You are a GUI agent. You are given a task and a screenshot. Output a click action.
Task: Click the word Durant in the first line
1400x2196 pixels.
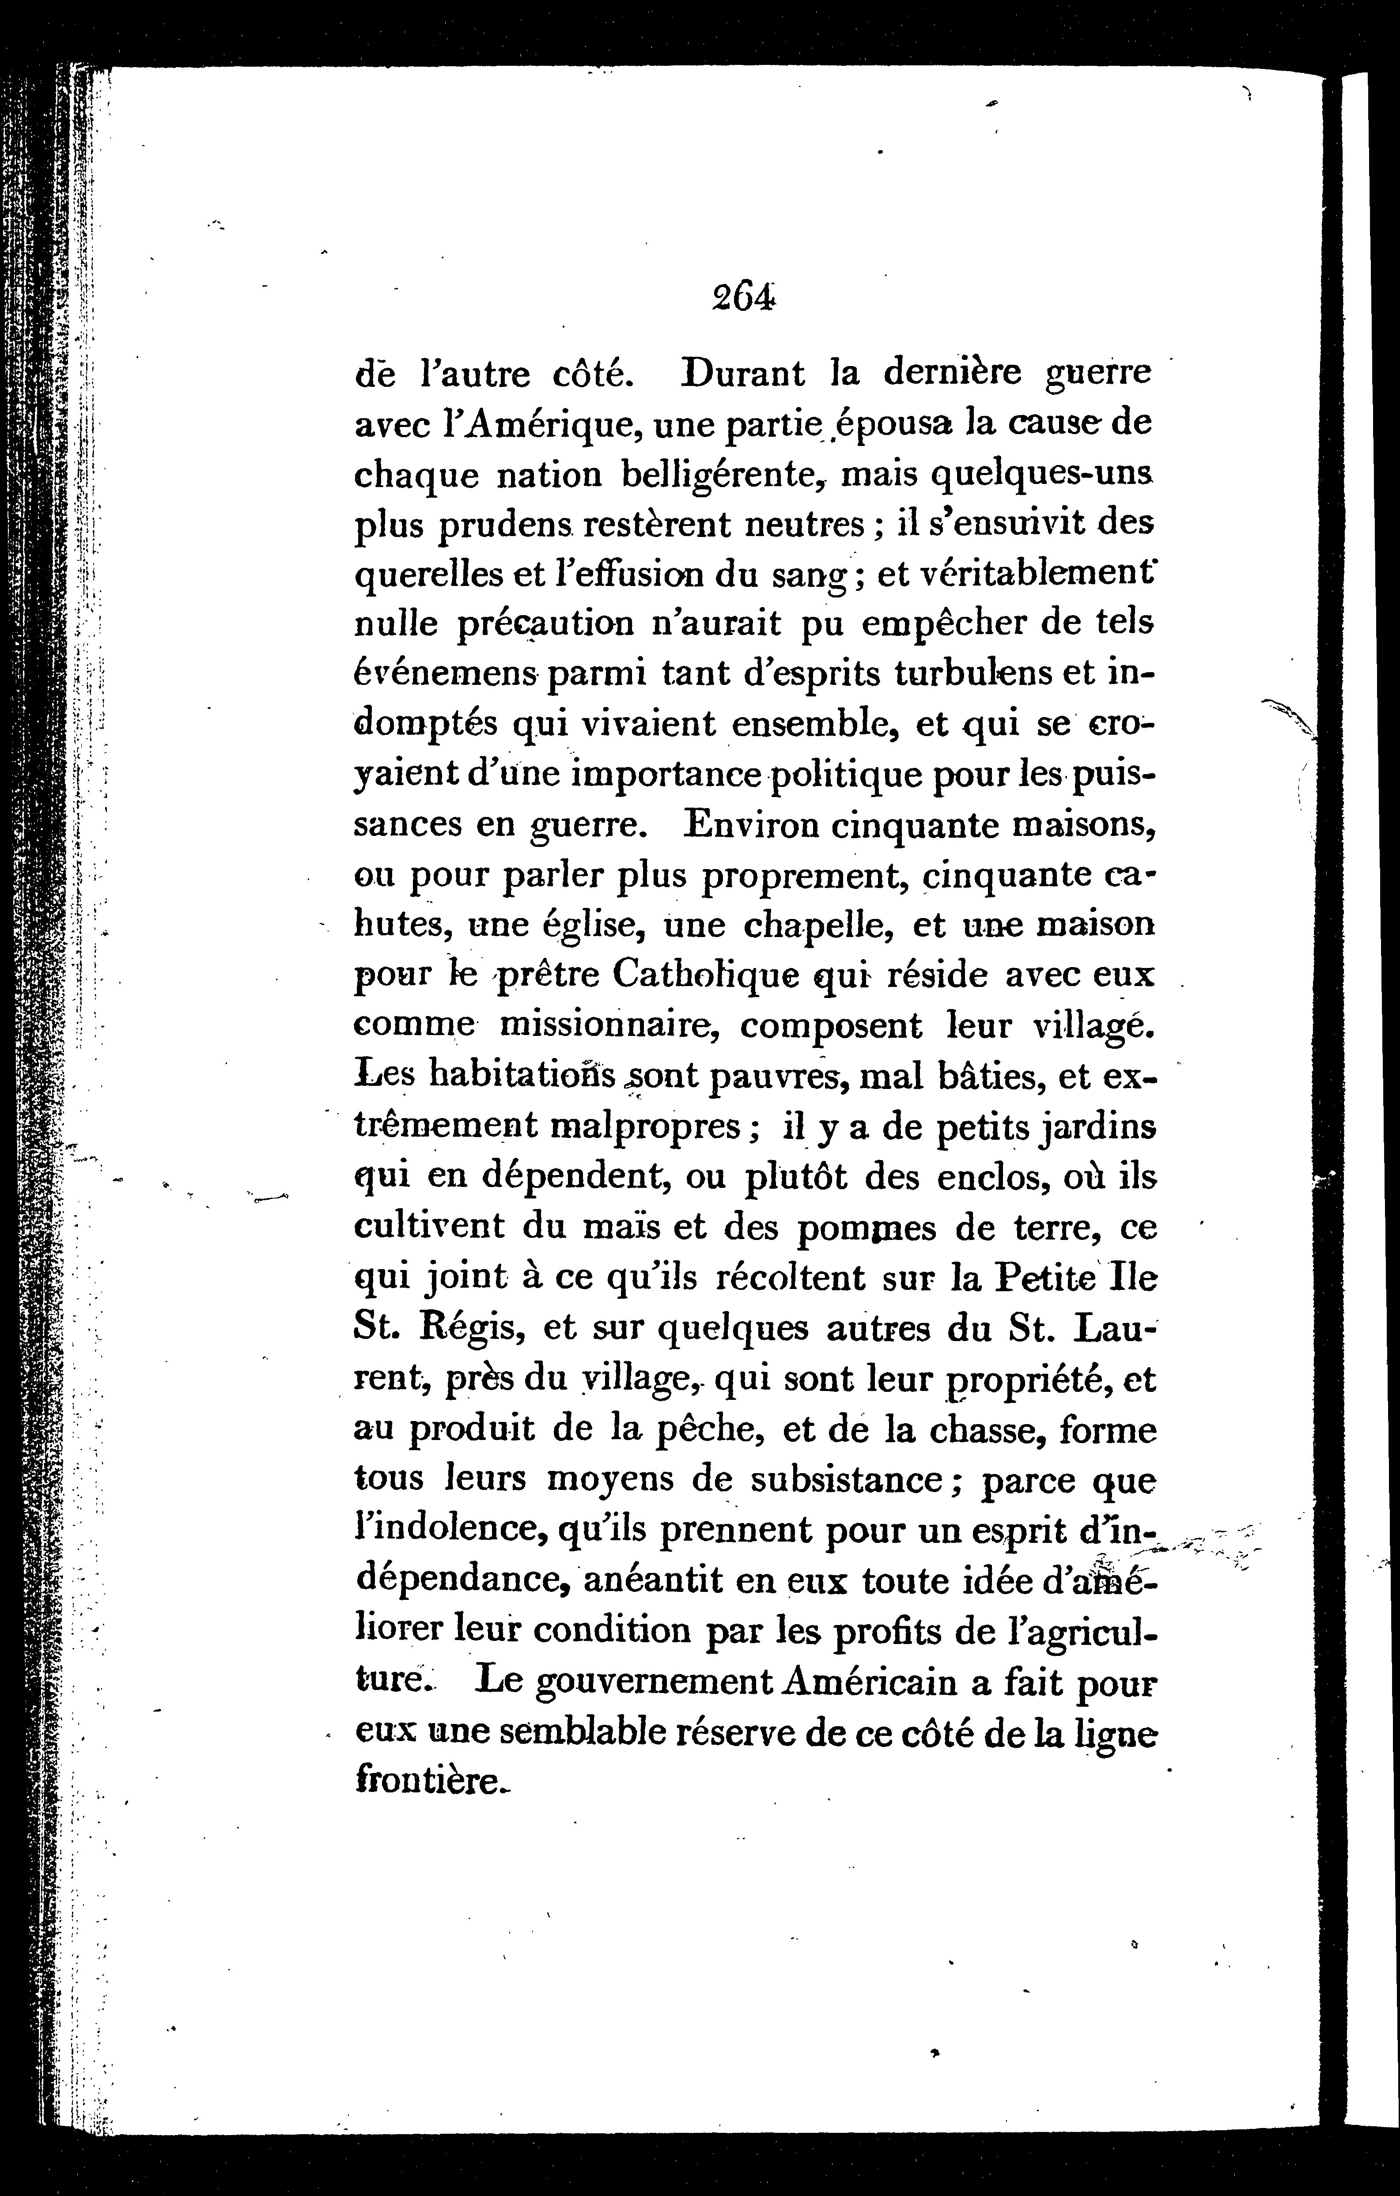(743, 374)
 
